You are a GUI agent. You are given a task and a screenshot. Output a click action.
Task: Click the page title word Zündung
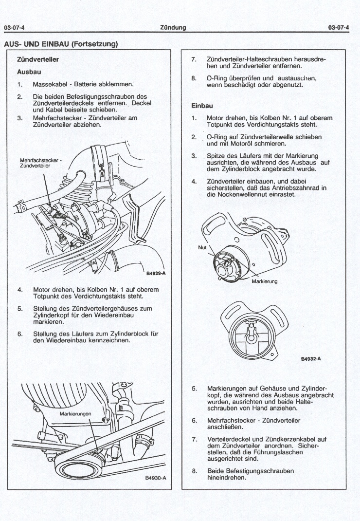(x=173, y=27)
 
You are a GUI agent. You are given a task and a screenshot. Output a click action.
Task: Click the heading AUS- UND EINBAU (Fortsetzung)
(x=61, y=44)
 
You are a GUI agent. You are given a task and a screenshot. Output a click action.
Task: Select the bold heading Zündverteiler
(x=38, y=60)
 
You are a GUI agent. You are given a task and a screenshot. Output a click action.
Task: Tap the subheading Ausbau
(x=29, y=72)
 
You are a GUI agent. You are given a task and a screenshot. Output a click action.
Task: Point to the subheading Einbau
(x=203, y=105)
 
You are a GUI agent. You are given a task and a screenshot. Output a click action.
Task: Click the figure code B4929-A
(x=156, y=273)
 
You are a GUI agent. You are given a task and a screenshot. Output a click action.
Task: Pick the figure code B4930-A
(x=156, y=478)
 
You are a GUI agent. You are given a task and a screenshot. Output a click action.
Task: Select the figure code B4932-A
(x=311, y=358)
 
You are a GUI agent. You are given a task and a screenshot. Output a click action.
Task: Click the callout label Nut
(x=202, y=247)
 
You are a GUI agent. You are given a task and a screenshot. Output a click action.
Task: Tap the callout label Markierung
(x=265, y=281)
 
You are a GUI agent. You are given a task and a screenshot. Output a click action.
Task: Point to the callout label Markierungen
(x=75, y=413)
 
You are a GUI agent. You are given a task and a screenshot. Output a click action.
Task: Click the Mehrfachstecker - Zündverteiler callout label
(x=40, y=163)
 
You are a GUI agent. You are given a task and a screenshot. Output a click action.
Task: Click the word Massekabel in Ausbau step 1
(x=49, y=84)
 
